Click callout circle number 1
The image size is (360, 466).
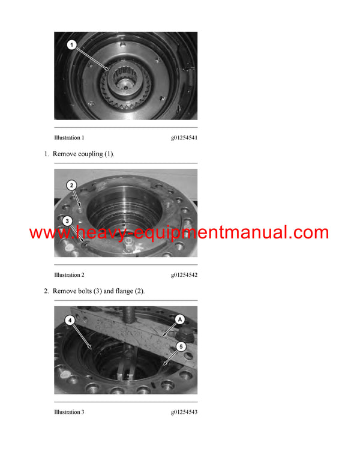pyautogui.click(x=71, y=44)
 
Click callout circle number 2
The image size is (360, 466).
pyautogui.click(x=71, y=185)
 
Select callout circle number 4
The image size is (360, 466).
pyautogui.click(x=70, y=321)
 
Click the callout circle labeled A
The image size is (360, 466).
pyautogui.click(x=179, y=320)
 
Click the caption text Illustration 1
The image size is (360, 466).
pyautogui.click(x=69, y=138)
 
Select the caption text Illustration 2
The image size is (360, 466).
pyautogui.click(x=69, y=275)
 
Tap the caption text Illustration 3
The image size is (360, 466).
pyautogui.click(x=69, y=412)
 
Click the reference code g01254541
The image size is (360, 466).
pyautogui.click(x=184, y=138)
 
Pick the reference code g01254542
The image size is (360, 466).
pyautogui.click(x=184, y=275)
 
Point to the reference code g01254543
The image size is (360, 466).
pyautogui.click(x=184, y=412)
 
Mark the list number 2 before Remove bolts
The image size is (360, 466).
pyautogui.click(x=46, y=291)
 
